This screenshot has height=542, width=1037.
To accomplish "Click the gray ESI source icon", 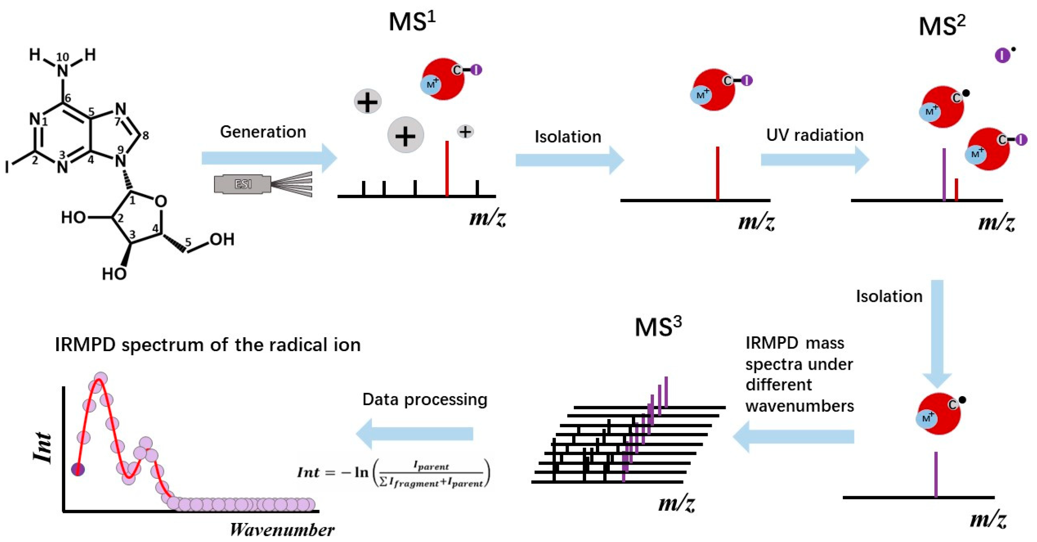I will (x=243, y=184).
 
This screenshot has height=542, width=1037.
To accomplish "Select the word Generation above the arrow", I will (x=263, y=132).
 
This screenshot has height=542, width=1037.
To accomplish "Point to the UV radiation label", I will (x=815, y=135).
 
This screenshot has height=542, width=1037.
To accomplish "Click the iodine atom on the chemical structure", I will (x=7, y=166).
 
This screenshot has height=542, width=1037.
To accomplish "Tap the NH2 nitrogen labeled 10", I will (x=62, y=71).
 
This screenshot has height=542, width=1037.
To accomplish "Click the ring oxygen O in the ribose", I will (x=160, y=201).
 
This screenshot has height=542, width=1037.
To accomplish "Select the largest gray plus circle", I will (x=405, y=135).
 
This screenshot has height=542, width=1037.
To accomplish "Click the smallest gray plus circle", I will (x=465, y=132).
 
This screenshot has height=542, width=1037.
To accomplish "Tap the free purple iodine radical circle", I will (x=1002, y=55).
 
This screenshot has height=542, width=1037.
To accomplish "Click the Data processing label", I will (x=425, y=399).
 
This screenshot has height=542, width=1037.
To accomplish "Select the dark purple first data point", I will (x=78, y=469).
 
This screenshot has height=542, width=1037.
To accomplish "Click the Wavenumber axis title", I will (x=282, y=530).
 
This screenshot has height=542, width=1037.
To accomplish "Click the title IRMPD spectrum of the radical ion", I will (x=207, y=345).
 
